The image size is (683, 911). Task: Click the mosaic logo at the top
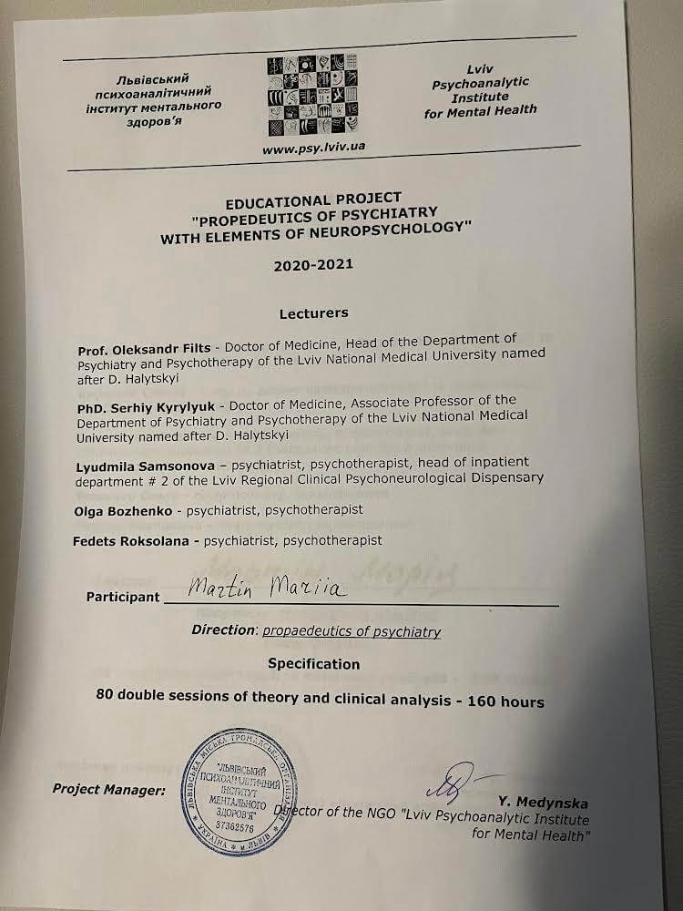(x=306, y=97)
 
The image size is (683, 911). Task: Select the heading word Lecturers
(x=313, y=312)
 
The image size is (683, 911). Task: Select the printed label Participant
(x=121, y=598)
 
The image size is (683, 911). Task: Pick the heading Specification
(x=313, y=664)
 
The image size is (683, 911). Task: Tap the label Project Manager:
(x=108, y=790)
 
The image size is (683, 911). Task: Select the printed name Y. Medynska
(x=543, y=803)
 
